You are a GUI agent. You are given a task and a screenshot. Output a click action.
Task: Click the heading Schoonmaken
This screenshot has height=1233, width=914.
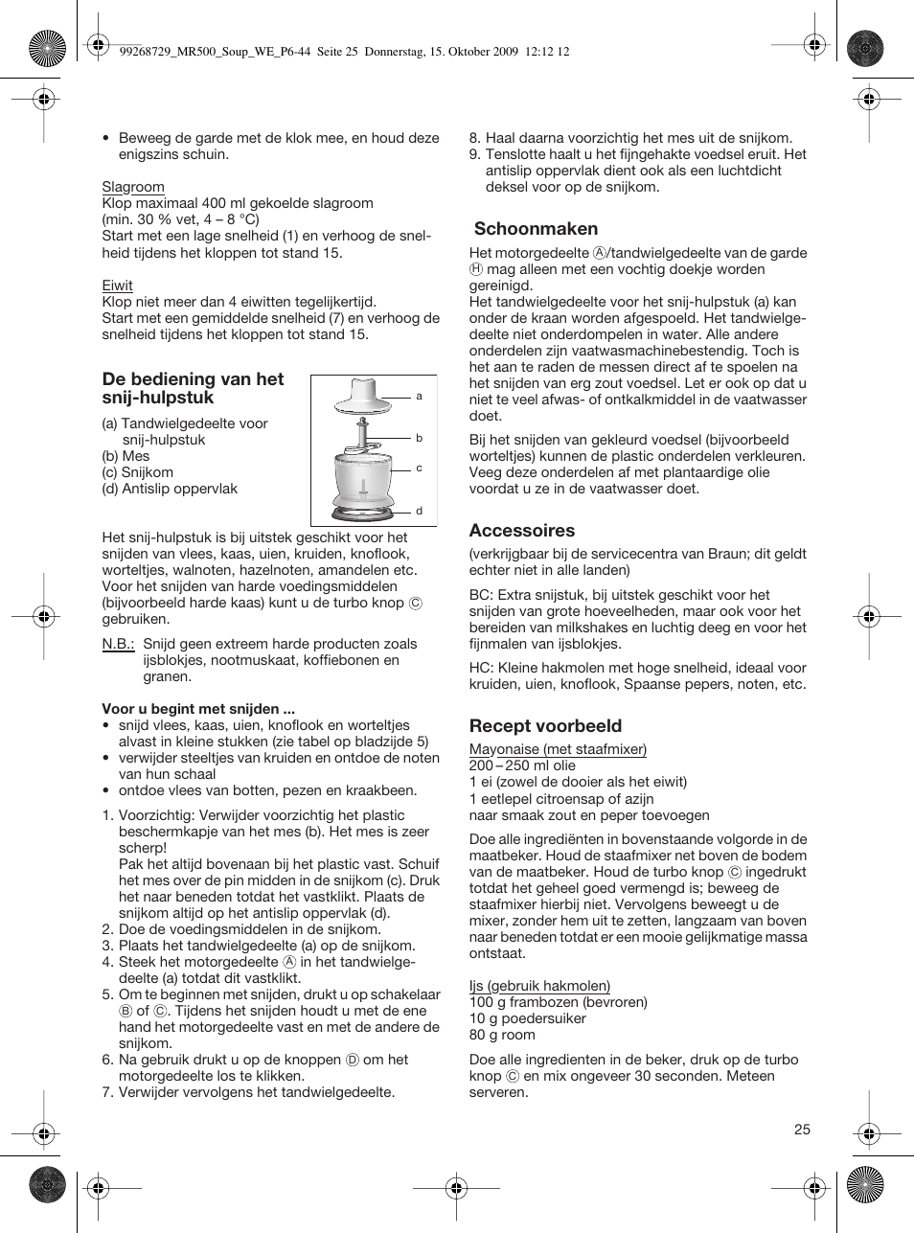point(536,229)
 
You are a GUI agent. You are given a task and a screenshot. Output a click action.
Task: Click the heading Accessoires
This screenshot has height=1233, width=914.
point(522,531)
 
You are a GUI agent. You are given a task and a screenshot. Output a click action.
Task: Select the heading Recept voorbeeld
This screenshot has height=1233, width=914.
point(545,726)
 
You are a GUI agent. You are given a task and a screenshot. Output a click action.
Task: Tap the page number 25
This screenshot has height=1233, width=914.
point(802,1130)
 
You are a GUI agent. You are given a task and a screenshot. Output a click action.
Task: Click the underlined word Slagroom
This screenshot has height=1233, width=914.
point(133,187)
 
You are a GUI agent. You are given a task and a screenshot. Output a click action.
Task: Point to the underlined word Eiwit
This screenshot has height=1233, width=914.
point(118,285)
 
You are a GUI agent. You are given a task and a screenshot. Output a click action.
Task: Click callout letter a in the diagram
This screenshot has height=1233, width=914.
point(419,396)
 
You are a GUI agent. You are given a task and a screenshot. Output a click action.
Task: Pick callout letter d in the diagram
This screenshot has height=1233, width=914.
point(419,511)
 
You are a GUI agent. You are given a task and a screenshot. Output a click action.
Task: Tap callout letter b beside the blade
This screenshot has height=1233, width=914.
point(419,438)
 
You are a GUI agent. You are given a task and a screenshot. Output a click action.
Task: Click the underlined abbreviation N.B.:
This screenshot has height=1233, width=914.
point(118,644)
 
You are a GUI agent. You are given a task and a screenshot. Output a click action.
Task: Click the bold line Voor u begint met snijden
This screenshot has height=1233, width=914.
point(198,710)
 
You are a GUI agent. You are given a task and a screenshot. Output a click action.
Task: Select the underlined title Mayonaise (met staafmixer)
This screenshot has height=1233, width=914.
point(558,749)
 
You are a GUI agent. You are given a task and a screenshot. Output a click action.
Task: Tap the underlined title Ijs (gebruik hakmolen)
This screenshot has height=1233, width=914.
point(539,986)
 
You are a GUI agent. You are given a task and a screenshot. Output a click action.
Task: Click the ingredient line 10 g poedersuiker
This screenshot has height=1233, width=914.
point(527,1018)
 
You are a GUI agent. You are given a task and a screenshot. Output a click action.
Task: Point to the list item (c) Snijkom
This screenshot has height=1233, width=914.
point(138,472)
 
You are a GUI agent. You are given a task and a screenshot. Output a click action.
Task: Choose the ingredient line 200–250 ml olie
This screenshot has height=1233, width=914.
point(522,765)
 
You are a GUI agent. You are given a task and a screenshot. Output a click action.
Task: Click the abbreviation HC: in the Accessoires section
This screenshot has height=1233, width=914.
point(481,668)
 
